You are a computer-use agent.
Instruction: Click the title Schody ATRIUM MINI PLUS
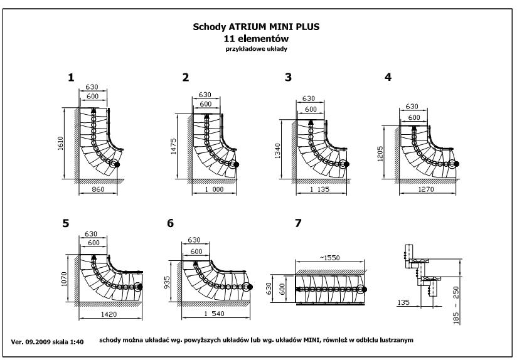point(258,28)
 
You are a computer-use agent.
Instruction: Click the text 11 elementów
point(258,38)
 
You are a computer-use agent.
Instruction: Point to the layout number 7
point(298,223)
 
